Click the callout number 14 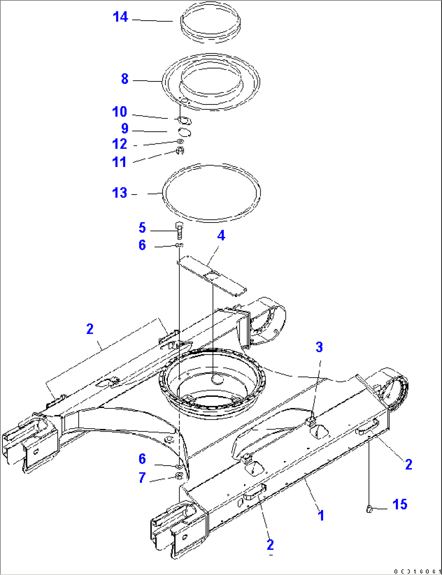(120, 17)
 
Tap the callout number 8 (124, 79)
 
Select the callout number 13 (120, 193)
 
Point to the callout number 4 (221, 235)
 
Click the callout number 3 (319, 347)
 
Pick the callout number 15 (400, 504)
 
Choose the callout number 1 (321, 516)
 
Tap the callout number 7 (142, 478)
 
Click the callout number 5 (142, 228)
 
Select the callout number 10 (120, 112)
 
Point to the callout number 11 (120, 162)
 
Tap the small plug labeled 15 (369, 509)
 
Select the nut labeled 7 (179, 476)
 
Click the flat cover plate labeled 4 (213, 277)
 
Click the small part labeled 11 (181, 152)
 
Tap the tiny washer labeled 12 (180, 141)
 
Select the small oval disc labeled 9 (185, 132)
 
